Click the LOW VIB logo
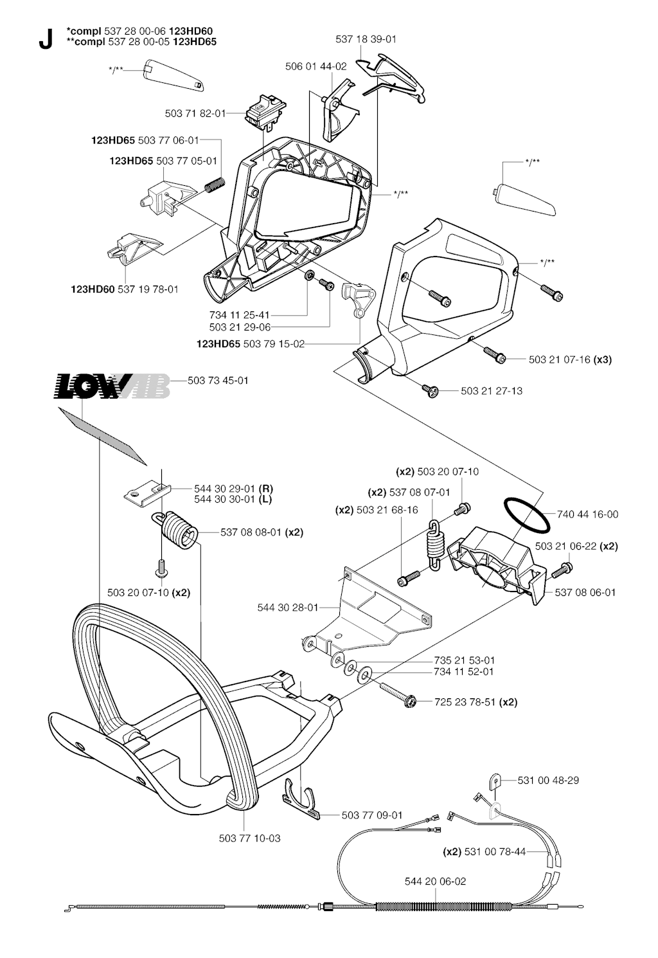click(112, 386)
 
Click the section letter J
click(45, 40)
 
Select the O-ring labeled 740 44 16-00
click(526, 515)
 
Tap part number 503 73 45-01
click(218, 381)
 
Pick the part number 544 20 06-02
click(435, 881)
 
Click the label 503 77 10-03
click(249, 838)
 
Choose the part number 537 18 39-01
click(366, 39)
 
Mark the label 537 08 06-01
click(585, 592)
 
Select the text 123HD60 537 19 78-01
click(125, 289)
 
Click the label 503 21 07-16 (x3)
click(570, 359)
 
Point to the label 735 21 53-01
click(464, 660)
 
